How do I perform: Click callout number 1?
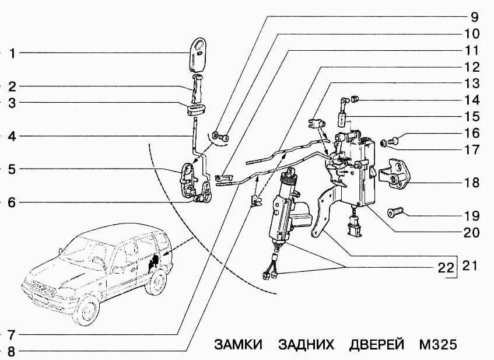tap(10, 53)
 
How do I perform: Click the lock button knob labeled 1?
tap(199, 53)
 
